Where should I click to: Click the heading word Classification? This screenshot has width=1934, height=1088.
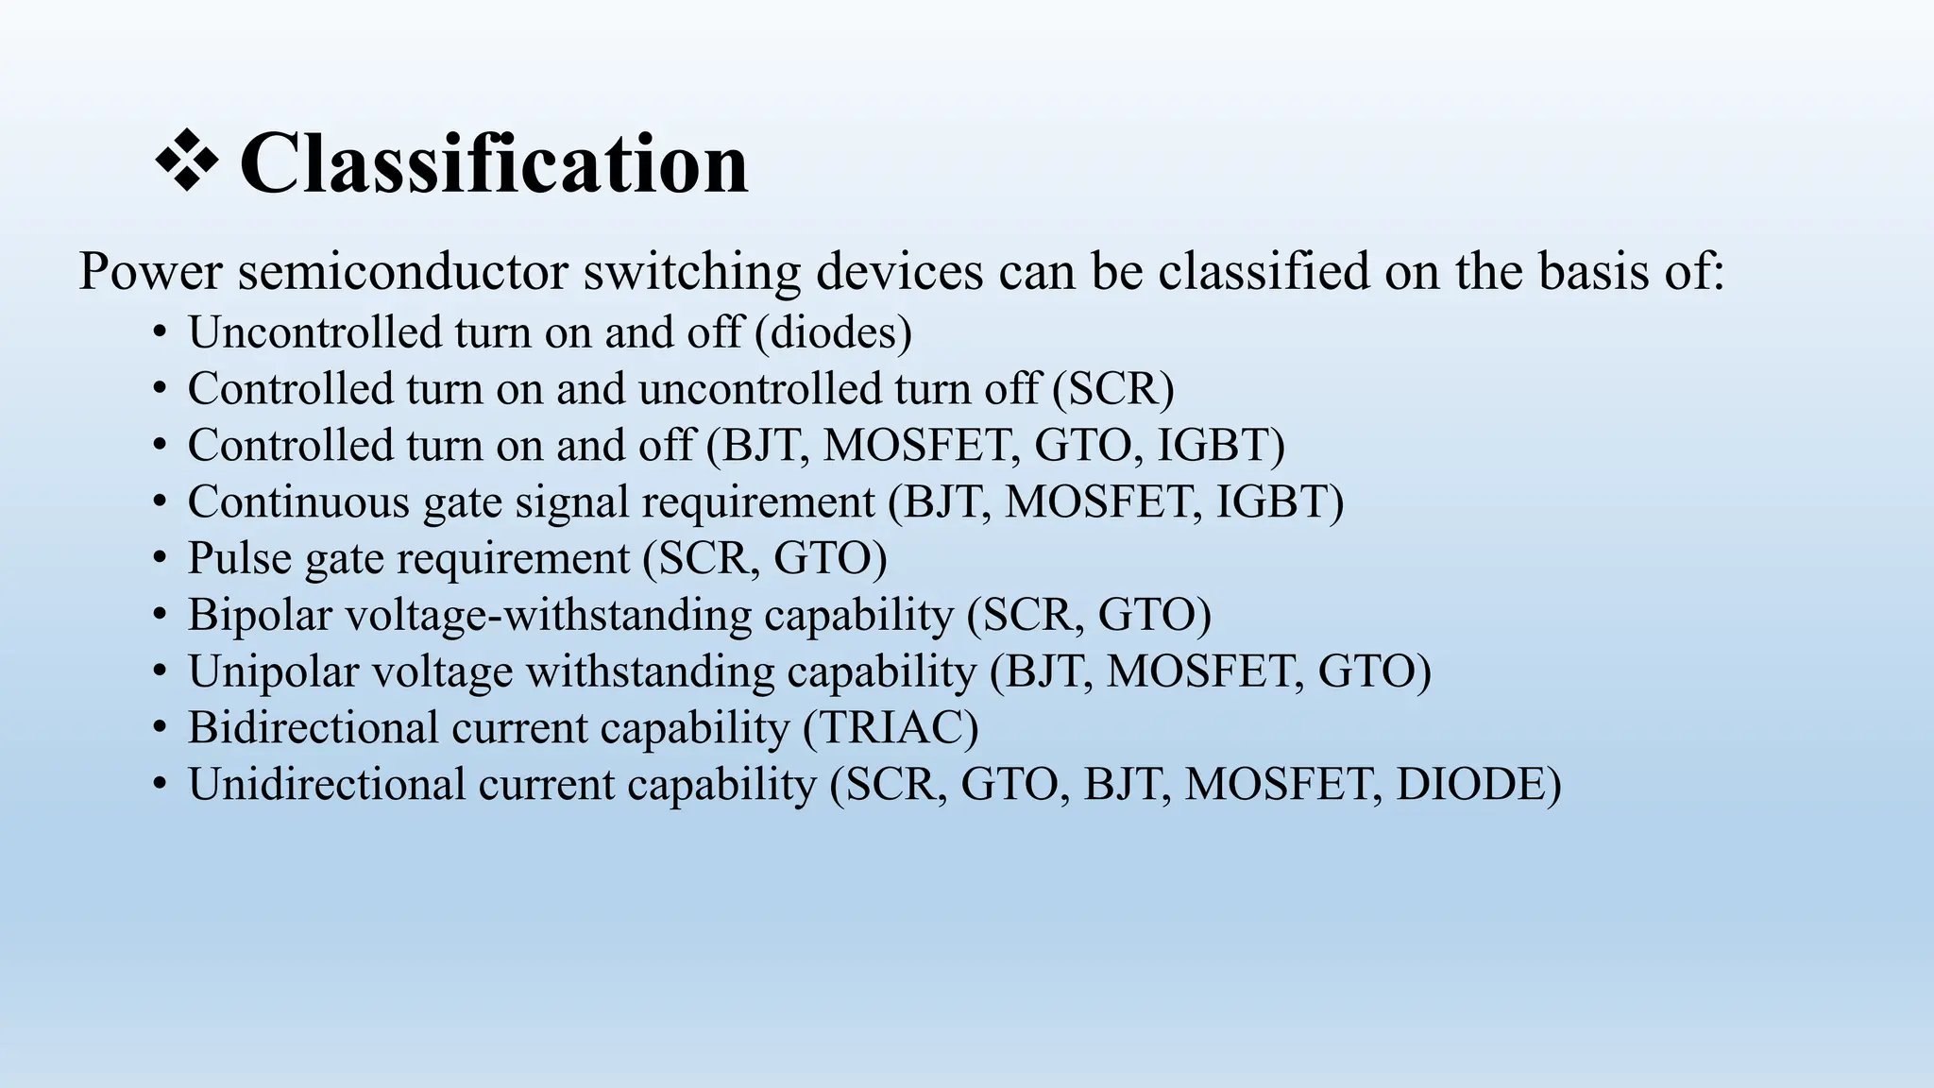[x=494, y=163]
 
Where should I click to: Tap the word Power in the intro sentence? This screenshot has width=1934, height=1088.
[x=150, y=272]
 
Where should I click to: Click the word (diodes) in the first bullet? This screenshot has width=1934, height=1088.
[x=834, y=332]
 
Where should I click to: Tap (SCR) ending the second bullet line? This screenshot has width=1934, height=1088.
[x=1113, y=389]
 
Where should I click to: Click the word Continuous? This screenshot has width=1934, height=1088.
[x=298, y=501]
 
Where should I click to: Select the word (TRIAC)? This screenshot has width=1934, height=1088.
[x=891, y=728]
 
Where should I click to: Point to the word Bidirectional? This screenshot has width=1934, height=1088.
[x=313, y=728]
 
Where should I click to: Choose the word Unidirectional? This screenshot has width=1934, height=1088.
[x=326, y=785]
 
